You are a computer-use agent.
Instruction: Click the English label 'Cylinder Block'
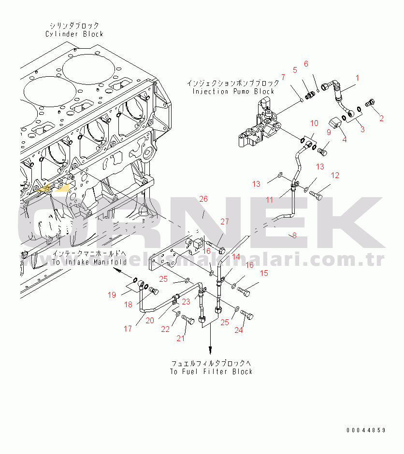point(74,34)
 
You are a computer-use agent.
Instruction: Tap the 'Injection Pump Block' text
point(233,91)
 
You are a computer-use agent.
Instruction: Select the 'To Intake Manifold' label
point(89,262)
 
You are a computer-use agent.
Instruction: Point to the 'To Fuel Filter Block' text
point(211,371)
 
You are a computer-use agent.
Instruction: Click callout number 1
point(357,78)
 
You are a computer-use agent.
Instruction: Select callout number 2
point(381,117)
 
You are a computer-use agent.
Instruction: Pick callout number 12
point(335,175)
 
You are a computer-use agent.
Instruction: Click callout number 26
point(203,199)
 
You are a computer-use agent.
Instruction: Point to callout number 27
point(224,222)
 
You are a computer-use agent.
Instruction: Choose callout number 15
point(264,273)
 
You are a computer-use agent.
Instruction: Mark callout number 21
point(180,338)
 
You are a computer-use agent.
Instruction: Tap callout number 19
point(112,295)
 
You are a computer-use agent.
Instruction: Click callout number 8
point(294,235)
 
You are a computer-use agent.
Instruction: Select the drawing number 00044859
point(365,430)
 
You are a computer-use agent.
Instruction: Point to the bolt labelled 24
point(246,316)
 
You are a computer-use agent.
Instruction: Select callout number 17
point(128,329)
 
